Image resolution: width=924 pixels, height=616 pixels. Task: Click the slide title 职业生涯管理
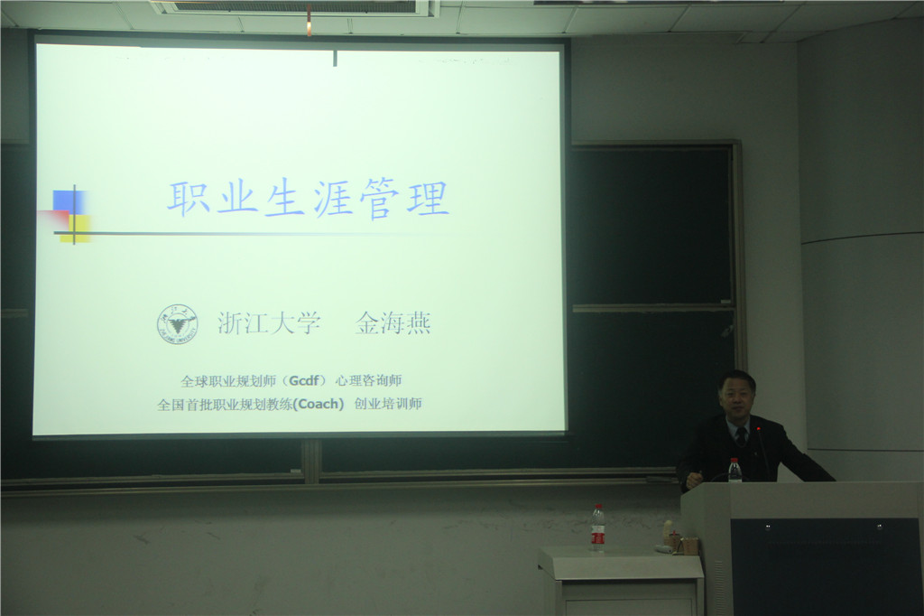309,199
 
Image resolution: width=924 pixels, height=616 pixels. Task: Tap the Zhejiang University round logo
178,324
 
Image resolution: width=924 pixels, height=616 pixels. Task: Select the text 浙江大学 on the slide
269,322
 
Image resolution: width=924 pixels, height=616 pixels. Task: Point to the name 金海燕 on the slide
393,322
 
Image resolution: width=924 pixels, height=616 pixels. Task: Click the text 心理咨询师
368,380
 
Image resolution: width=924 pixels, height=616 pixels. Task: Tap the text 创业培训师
388,404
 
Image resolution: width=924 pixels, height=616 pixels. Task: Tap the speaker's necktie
742,435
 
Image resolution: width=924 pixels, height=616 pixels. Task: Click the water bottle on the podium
735,471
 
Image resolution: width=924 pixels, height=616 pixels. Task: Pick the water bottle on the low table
597,528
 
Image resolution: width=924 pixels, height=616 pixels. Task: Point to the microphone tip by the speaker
758,430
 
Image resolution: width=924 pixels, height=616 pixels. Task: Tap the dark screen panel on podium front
825,566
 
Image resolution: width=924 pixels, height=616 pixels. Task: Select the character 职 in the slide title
189,198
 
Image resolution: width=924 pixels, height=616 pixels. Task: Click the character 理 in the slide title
429,198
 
